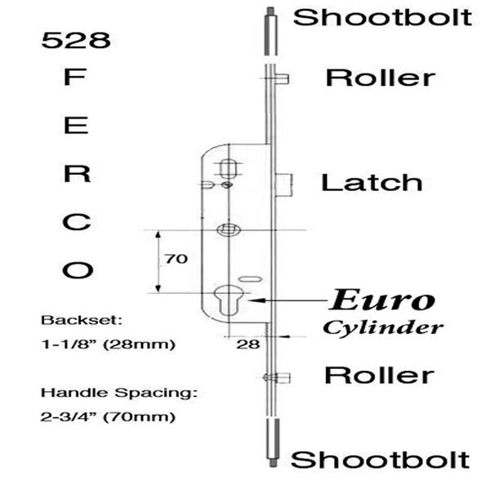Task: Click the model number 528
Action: click(x=76, y=40)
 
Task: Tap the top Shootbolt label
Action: click(x=382, y=17)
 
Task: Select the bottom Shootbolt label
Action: click(x=380, y=460)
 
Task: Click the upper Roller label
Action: click(x=381, y=78)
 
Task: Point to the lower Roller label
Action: click(x=380, y=375)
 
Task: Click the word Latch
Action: click(x=372, y=182)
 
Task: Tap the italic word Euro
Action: click(x=382, y=301)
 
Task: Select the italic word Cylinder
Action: click(x=383, y=328)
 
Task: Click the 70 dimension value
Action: click(x=176, y=259)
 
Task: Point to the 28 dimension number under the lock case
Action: click(x=248, y=344)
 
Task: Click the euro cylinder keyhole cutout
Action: click(x=229, y=301)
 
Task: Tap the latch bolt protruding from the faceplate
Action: click(x=284, y=185)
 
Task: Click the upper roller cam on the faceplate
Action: click(x=283, y=78)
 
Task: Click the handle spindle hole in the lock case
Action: click(x=229, y=230)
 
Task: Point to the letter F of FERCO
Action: click(x=74, y=78)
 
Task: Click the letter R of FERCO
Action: click(x=77, y=173)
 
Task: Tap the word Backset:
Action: click(x=82, y=320)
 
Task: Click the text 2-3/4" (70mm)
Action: click(x=108, y=416)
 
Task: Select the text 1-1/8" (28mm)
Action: click(x=108, y=345)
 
